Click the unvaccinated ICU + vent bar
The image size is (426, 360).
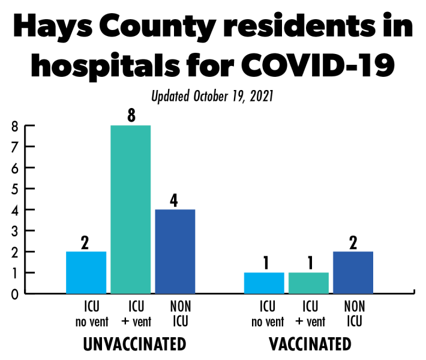131,209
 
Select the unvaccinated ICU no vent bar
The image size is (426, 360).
86,272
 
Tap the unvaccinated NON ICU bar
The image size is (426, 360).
175,251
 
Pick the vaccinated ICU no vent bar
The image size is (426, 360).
265,283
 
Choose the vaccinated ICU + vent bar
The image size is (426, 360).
308,283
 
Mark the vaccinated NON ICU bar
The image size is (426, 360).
353,272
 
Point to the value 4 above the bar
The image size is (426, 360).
175,200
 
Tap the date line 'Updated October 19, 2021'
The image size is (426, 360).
212,96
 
